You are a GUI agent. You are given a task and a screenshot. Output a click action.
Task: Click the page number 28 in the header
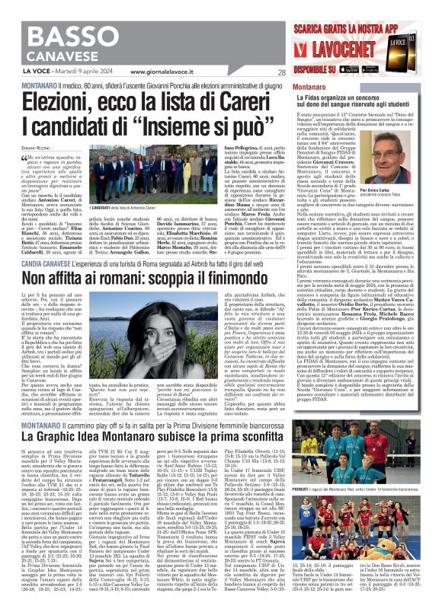tap(281, 73)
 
